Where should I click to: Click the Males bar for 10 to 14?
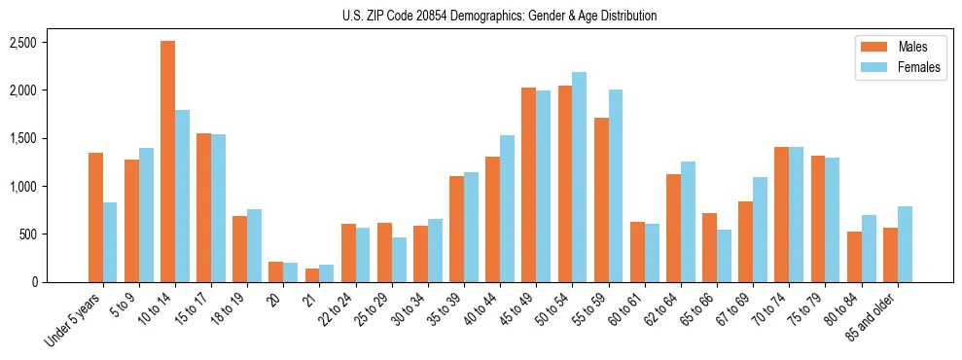168,162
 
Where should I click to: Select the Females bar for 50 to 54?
580,177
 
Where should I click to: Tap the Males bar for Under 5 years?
95,217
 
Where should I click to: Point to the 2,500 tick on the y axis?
22,43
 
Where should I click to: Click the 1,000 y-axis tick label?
22,187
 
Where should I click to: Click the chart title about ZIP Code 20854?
499,16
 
